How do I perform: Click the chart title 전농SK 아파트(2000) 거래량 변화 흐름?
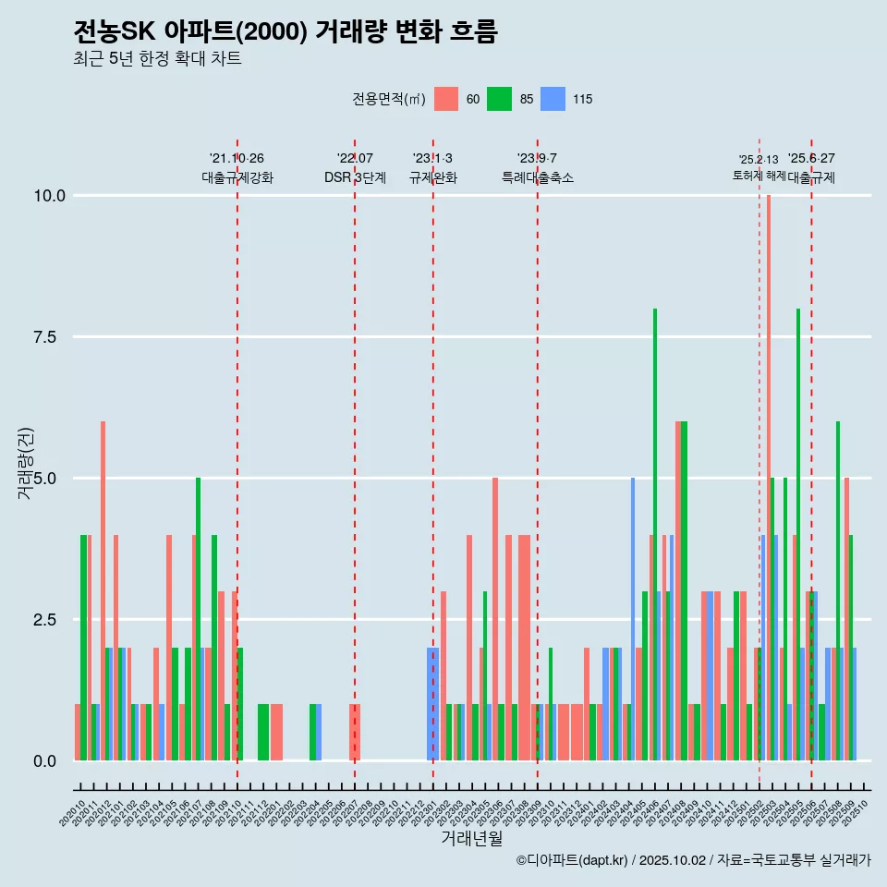click(286, 32)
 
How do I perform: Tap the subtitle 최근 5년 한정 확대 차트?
click(157, 59)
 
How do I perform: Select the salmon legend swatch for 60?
click(446, 99)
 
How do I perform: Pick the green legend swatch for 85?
click(500, 99)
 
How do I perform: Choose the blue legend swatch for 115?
click(553, 99)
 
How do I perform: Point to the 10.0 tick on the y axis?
click(49, 196)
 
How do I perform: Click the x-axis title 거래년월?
click(471, 838)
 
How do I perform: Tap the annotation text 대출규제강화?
click(237, 177)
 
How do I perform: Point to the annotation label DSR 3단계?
click(355, 177)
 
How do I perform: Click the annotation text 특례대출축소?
click(538, 177)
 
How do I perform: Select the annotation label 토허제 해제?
click(759, 175)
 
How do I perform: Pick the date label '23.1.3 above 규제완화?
click(432, 159)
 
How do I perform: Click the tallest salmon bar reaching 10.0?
click(768, 478)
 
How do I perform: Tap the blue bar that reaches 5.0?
click(633, 619)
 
